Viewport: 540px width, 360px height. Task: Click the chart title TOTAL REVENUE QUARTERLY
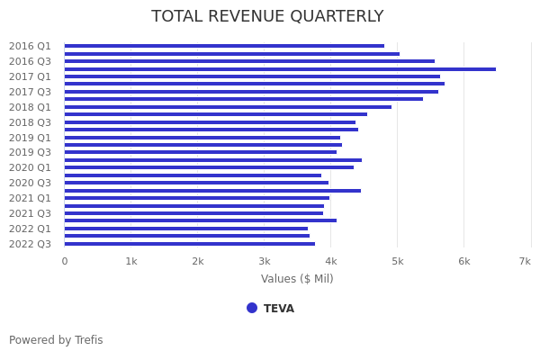(x=267, y=16)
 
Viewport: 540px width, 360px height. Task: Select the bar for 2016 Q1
(x=224, y=46)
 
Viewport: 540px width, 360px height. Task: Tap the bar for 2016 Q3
(x=249, y=61)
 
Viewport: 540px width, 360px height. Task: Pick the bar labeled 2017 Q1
(x=252, y=76)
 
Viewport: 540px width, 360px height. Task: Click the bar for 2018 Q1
(x=228, y=107)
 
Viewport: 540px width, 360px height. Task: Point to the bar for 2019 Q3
(x=201, y=152)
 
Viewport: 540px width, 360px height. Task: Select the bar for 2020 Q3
(x=196, y=183)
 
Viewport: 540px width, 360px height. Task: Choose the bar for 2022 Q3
(x=190, y=244)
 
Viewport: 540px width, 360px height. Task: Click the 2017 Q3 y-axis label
(x=30, y=92)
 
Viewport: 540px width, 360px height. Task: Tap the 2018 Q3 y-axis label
(x=30, y=122)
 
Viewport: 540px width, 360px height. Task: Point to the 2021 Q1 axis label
(x=30, y=198)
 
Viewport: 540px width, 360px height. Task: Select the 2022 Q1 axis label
(x=30, y=229)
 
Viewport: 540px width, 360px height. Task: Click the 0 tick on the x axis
(x=64, y=261)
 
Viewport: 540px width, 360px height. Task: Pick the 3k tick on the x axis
(x=264, y=261)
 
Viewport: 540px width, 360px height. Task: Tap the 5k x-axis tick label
(x=397, y=261)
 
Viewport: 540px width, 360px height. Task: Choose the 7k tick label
(x=525, y=261)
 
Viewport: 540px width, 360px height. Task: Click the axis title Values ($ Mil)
(x=297, y=279)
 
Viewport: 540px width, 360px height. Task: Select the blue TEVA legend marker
(x=252, y=308)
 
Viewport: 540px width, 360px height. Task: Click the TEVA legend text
(x=279, y=309)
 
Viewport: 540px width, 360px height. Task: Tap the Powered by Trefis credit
(x=56, y=340)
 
